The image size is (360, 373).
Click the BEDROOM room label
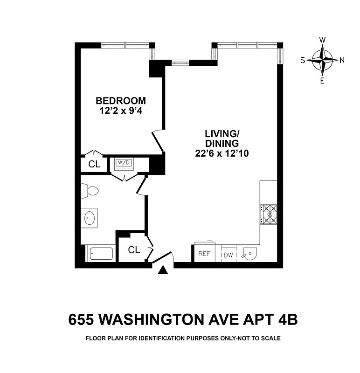120,100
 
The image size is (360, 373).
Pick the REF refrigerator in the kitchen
204,254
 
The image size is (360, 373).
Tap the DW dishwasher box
228,255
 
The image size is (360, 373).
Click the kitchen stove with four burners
269,214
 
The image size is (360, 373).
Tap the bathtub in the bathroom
101,255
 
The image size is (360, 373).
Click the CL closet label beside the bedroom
94,164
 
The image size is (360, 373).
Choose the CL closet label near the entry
134,250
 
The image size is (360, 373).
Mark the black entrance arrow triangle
163,270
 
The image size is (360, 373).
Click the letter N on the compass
342,60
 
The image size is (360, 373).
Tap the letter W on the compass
322,40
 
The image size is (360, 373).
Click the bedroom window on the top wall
125,45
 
